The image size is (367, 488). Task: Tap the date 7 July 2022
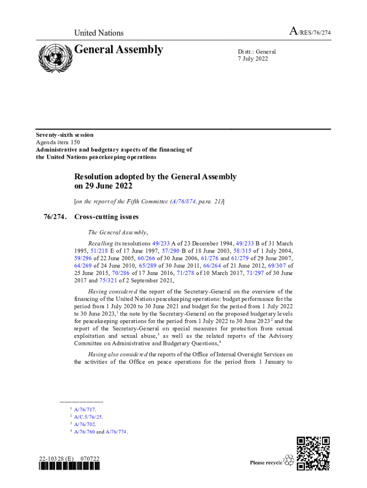(253, 59)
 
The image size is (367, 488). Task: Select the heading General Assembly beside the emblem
(119, 50)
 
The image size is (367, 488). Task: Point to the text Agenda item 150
(58, 142)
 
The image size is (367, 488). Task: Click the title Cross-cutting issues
(106, 217)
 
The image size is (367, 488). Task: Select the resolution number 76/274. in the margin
(52, 217)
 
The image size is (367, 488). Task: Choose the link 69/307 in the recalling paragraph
(278, 266)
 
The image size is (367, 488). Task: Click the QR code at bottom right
(313, 453)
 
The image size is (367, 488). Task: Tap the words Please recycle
(266, 463)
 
